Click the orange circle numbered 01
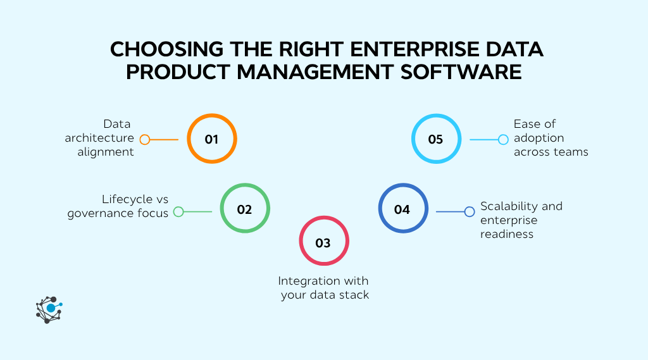click(211, 139)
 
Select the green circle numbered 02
click(245, 209)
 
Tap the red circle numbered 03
click(323, 242)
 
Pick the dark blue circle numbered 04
click(402, 209)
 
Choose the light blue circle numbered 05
click(435, 139)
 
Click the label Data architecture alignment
click(99, 138)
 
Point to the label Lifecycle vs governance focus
click(118, 206)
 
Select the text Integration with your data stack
click(323, 288)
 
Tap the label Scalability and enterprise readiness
click(521, 220)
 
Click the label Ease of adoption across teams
click(551, 138)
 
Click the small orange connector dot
click(145, 140)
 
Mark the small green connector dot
click(178, 212)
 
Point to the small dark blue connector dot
click(470, 212)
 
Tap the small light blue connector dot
click(503, 140)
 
